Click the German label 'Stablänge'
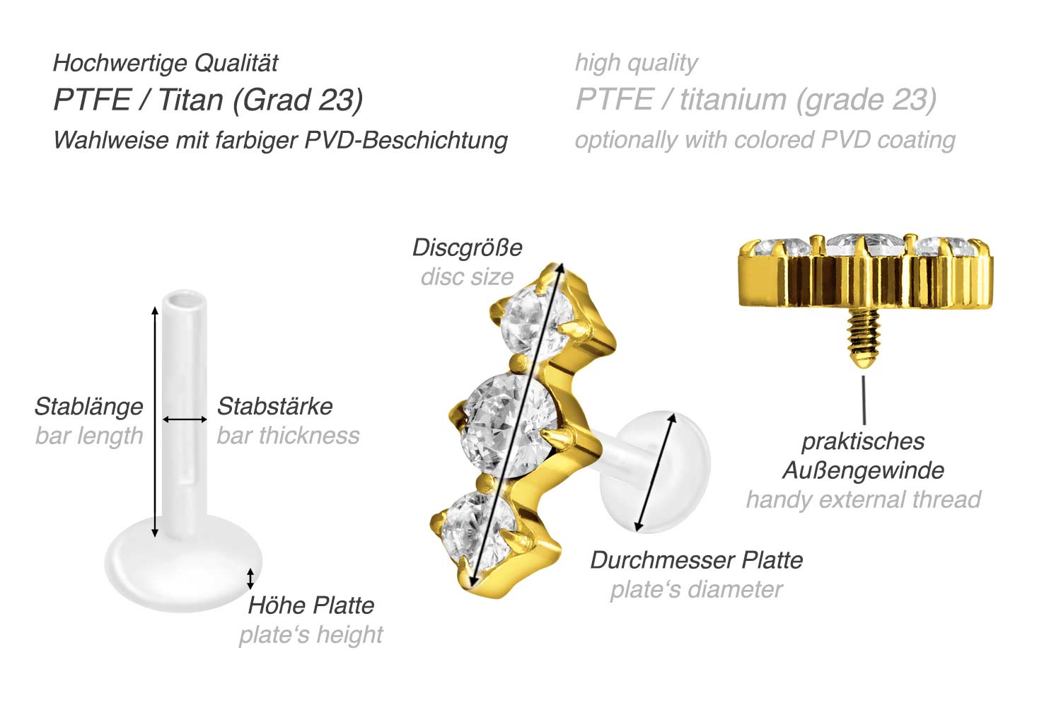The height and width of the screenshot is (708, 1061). click(88, 407)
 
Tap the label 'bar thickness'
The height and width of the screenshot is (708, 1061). click(288, 436)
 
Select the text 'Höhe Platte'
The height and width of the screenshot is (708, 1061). click(311, 605)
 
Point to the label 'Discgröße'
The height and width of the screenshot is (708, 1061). click(467, 248)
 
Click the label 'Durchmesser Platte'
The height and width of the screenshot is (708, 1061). click(697, 560)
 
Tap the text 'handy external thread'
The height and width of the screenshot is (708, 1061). click(863, 499)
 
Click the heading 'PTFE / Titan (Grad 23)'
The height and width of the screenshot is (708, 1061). click(208, 100)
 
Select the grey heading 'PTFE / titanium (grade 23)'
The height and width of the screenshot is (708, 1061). click(756, 100)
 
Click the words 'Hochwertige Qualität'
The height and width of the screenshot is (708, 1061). click(166, 63)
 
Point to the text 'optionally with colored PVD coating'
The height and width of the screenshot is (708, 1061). click(765, 140)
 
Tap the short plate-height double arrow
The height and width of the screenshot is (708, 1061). click(250, 578)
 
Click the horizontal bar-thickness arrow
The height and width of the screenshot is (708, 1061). click(185, 419)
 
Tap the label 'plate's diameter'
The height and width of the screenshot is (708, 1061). click(696, 590)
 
